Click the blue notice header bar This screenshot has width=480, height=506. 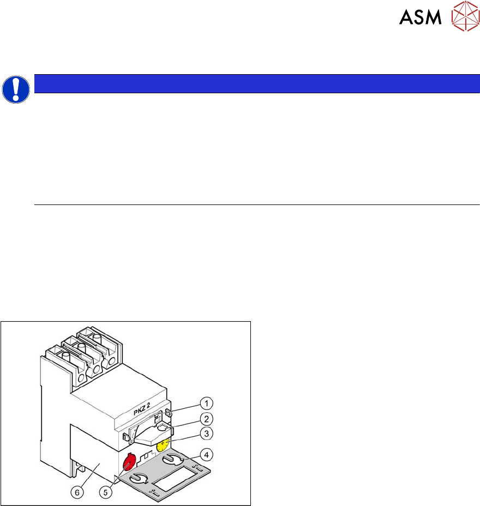tap(257, 83)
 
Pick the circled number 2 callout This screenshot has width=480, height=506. tap(206, 419)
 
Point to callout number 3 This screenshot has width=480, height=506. tap(206, 434)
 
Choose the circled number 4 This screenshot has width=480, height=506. tap(206, 453)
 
